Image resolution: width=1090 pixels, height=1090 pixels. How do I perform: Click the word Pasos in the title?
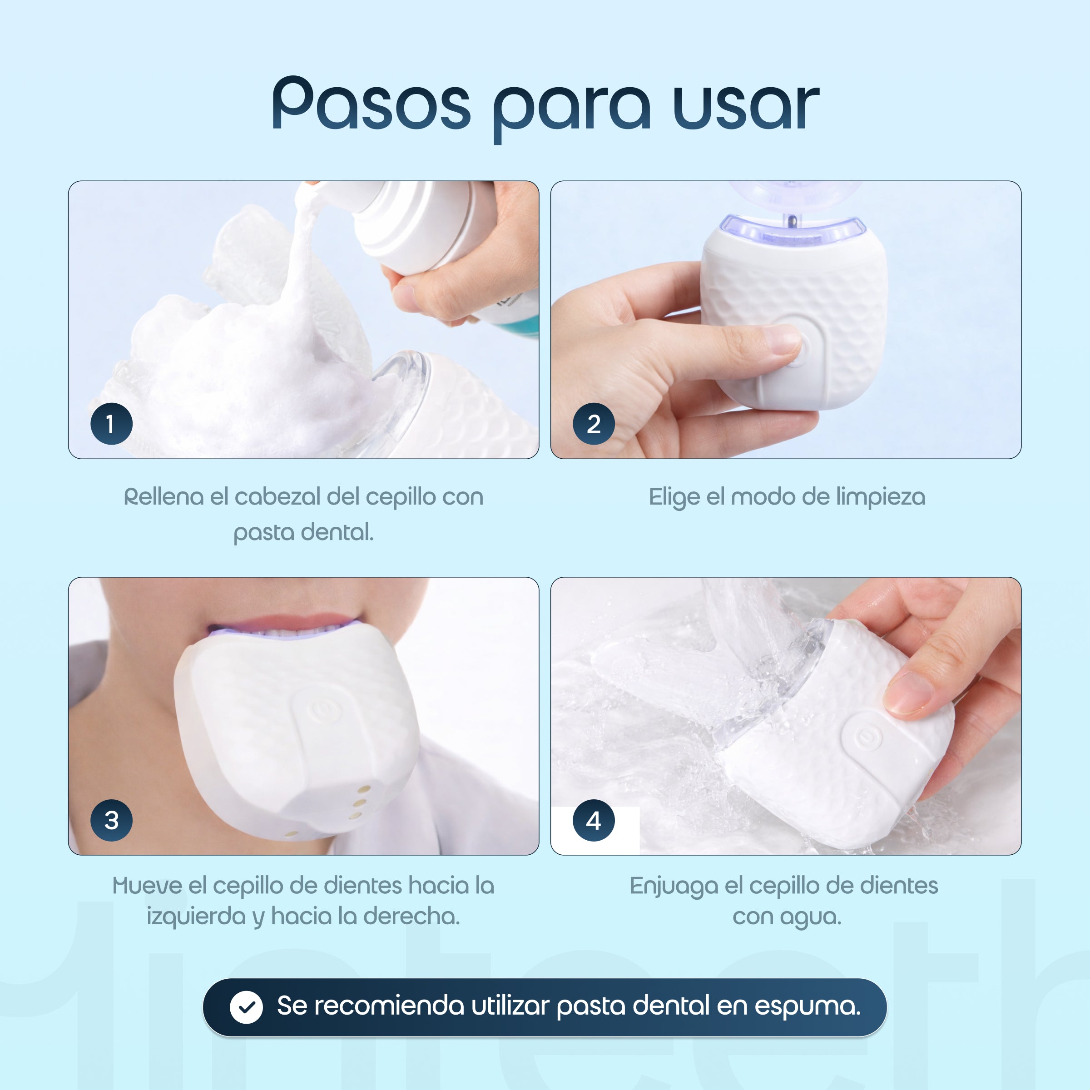click(371, 104)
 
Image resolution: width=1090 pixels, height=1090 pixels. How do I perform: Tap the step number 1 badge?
click(111, 424)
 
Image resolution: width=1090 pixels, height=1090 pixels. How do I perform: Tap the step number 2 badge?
click(594, 424)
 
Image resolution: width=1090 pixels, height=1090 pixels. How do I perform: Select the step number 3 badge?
click(111, 820)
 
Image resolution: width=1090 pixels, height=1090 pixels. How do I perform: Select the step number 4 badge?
click(594, 820)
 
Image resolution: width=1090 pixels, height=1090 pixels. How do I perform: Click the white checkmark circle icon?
click(246, 1007)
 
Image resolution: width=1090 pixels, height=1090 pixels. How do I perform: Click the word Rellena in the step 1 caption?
click(163, 497)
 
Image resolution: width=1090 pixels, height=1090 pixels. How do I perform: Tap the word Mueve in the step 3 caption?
click(148, 886)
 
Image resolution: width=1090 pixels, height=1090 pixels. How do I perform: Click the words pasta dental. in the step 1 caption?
click(303, 532)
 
